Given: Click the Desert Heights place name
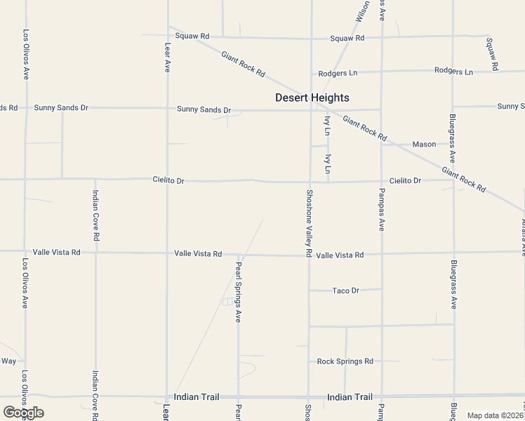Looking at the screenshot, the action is click(312, 98).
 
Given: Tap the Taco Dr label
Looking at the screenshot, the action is click(345, 290).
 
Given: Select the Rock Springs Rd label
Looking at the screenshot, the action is click(345, 361).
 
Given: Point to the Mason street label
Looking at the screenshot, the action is click(424, 145).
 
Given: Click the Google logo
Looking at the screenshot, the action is click(23, 413).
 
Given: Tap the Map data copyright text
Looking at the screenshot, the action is click(496, 415).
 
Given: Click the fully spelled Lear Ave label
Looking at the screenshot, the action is click(168, 56).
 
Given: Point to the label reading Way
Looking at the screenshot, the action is click(8, 361).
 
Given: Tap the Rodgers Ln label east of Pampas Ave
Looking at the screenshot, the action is click(453, 71).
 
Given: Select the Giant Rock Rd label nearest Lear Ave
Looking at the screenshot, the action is click(243, 64).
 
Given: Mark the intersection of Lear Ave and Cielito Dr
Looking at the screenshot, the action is click(167, 180).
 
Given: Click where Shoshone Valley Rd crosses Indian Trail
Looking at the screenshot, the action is click(308, 396).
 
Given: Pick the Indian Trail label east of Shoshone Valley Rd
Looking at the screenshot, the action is click(350, 397).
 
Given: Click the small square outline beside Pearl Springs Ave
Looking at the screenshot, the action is click(227, 302).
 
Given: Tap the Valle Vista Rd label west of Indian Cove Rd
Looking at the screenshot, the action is click(56, 252).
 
